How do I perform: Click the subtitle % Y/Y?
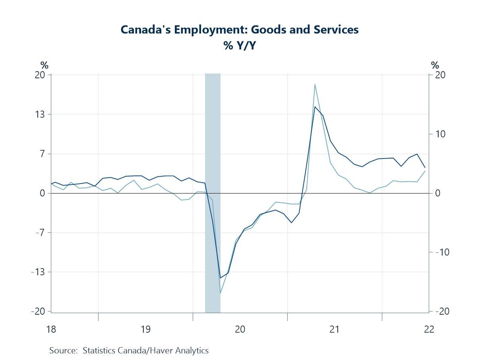click(x=240, y=46)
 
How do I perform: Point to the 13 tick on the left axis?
click(x=41, y=114)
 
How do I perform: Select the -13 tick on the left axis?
click(x=39, y=272)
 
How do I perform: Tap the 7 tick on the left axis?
click(x=43, y=154)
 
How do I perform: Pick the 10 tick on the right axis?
click(x=440, y=134)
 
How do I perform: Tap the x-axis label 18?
click(x=51, y=329)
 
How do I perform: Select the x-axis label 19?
click(x=145, y=329)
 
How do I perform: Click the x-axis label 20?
click(x=240, y=329)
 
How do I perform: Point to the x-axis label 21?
click(x=334, y=329)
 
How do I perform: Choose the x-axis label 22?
click(x=429, y=329)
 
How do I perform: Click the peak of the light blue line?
click(x=315, y=84)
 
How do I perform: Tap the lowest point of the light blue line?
click(x=220, y=293)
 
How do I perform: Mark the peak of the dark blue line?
click(x=315, y=106)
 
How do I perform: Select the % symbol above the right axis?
click(x=435, y=66)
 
